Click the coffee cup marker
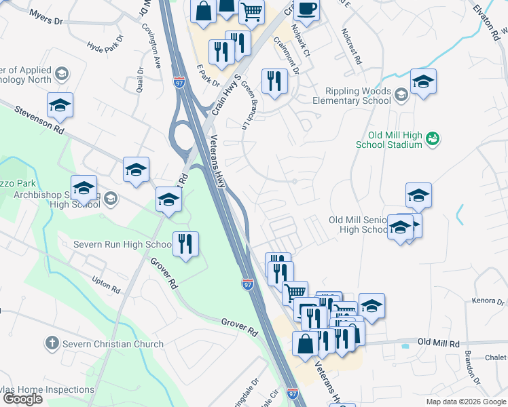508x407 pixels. [308, 9]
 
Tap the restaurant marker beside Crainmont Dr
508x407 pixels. [274, 82]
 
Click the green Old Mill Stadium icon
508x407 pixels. [433, 139]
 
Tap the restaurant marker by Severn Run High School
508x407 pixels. [185, 244]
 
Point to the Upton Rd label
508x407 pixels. [105, 284]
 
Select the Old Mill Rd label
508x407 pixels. [438, 343]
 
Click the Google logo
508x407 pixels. [22, 398]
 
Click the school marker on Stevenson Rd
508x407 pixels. [60, 105]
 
